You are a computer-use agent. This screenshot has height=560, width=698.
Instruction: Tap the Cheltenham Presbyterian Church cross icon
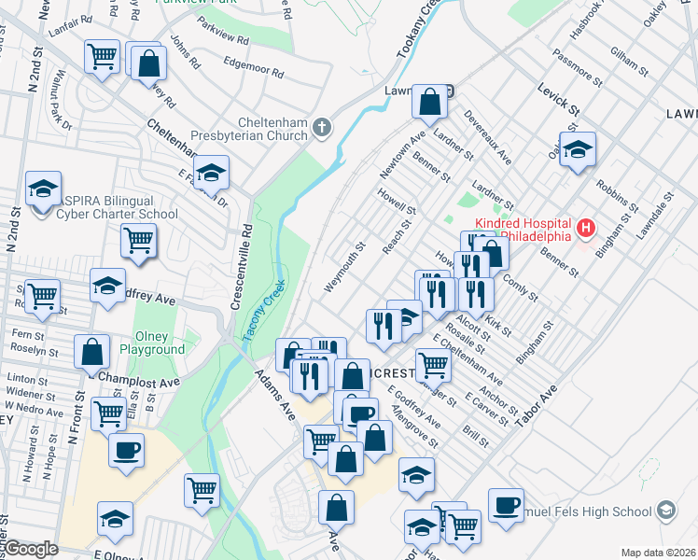(322, 127)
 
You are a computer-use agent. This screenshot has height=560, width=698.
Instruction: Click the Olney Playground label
(152, 343)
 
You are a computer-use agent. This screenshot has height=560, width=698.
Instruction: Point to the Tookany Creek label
(416, 31)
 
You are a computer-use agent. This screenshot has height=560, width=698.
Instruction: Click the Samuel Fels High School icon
(666, 511)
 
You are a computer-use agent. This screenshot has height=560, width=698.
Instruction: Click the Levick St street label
(558, 99)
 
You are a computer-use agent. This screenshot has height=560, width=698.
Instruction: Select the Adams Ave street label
(276, 396)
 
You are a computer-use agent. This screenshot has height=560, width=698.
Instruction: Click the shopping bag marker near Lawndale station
(428, 105)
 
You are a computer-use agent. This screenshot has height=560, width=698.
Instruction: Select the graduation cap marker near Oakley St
(578, 149)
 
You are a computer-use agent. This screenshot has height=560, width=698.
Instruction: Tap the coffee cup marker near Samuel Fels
(506, 505)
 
